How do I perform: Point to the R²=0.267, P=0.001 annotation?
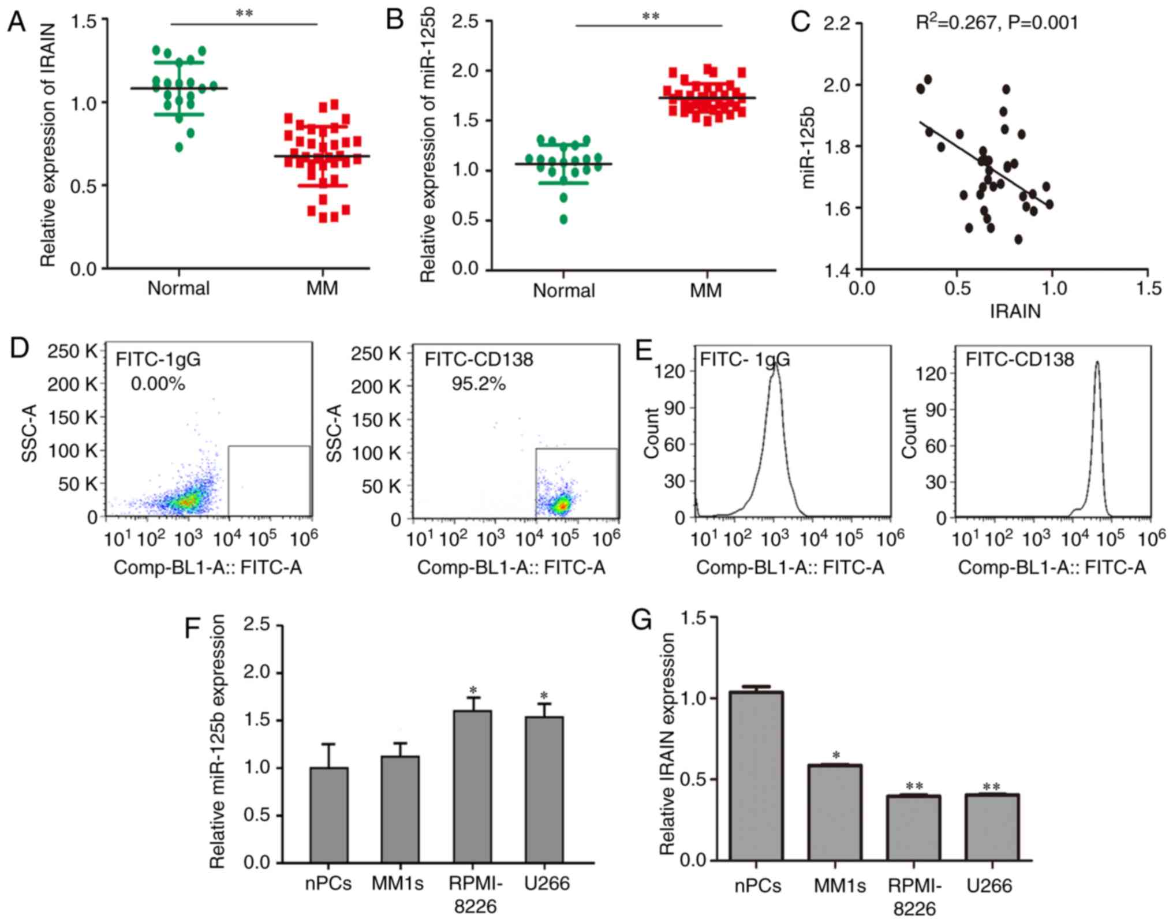coord(997,23)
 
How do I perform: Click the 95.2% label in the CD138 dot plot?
coord(479,383)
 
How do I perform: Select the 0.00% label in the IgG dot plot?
coord(158,383)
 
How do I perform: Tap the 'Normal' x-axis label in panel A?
coord(178,288)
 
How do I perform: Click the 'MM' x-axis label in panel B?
coord(705,290)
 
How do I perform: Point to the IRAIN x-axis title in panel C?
coord(1015,312)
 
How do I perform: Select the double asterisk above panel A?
coord(244,13)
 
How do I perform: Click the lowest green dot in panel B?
coord(563,219)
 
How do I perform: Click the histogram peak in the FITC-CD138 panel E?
coord(1097,363)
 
